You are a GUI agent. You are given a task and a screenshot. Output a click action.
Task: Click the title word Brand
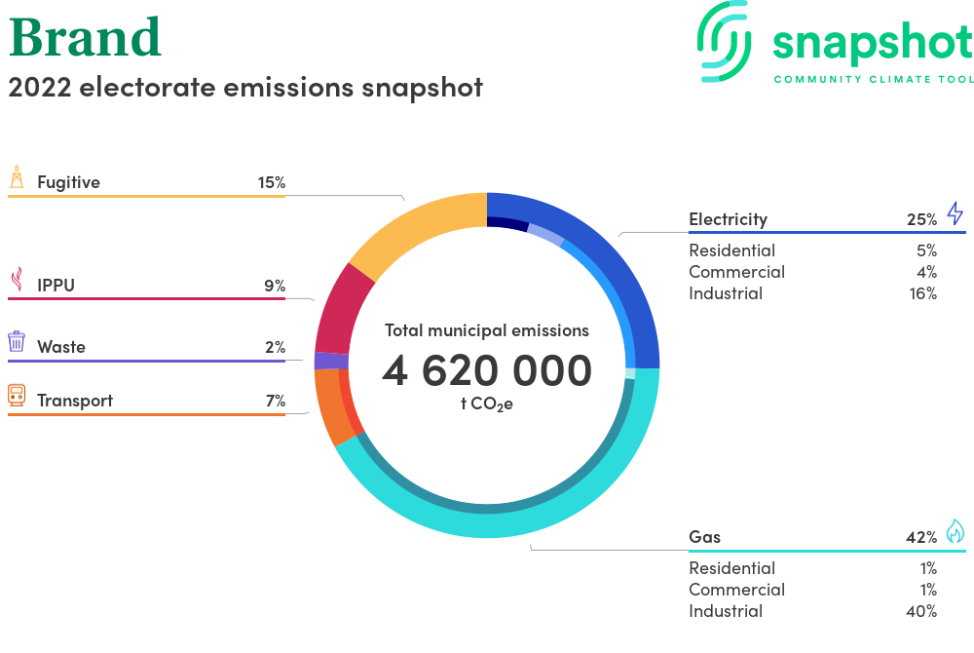[x=85, y=37]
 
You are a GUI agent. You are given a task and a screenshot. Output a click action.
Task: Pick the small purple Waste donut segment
[x=331, y=361]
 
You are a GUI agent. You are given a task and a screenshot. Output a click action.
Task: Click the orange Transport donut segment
[x=329, y=404]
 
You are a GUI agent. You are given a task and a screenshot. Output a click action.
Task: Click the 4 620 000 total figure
[x=487, y=371]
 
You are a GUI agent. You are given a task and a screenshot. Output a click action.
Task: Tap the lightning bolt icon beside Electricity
[x=955, y=213]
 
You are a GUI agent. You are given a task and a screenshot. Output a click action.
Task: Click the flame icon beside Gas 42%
[x=955, y=531]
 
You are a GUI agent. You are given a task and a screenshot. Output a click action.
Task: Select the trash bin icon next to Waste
[x=17, y=341]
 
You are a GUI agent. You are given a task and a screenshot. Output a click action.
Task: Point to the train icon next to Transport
[x=17, y=395]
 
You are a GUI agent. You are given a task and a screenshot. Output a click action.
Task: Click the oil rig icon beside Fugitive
[x=17, y=176]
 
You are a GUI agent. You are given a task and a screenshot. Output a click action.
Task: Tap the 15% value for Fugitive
[x=272, y=182]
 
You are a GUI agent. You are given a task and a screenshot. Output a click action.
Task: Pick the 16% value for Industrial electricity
[x=923, y=293]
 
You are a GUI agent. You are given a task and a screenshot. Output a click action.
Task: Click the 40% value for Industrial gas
[x=921, y=611]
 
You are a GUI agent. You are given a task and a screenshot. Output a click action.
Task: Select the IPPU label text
[x=56, y=286]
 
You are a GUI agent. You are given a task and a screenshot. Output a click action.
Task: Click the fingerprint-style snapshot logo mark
[x=724, y=42]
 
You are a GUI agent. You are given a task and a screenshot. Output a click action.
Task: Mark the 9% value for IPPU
[x=275, y=286]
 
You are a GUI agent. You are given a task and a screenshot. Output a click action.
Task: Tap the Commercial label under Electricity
[x=736, y=272]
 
